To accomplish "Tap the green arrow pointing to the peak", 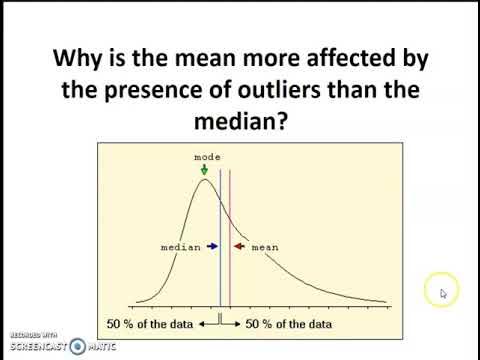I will pyautogui.click(x=205, y=170).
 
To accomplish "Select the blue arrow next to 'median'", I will pyautogui.click(x=212, y=246).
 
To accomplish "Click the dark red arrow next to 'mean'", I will pyautogui.click(x=239, y=246).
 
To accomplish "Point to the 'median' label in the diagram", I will pyautogui.click(x=181, y=246).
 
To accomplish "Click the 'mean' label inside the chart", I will pyautogui.click(x=264, y=246).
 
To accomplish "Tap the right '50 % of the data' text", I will pyautogui.click(x=291, y=323).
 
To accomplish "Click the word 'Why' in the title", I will pyautogui.click(x=80, y=57).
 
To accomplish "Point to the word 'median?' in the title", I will pyautogui.click(x=241, y=124).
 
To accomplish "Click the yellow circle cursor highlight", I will pyautogui.click(x=441, y=291).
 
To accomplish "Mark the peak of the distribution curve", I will pyautogui.click(x=204, y=180).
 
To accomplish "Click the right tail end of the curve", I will pyautogui.click(x=385, y=302).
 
